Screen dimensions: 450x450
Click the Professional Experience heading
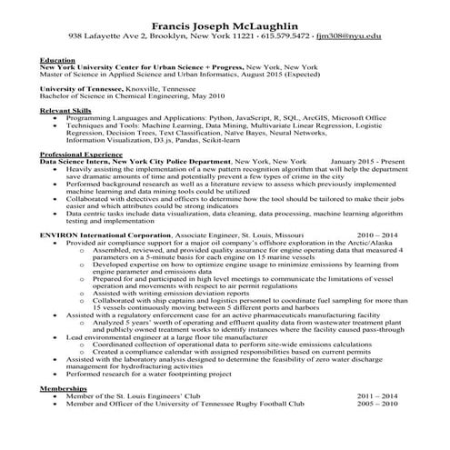click(x=82, y=155)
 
